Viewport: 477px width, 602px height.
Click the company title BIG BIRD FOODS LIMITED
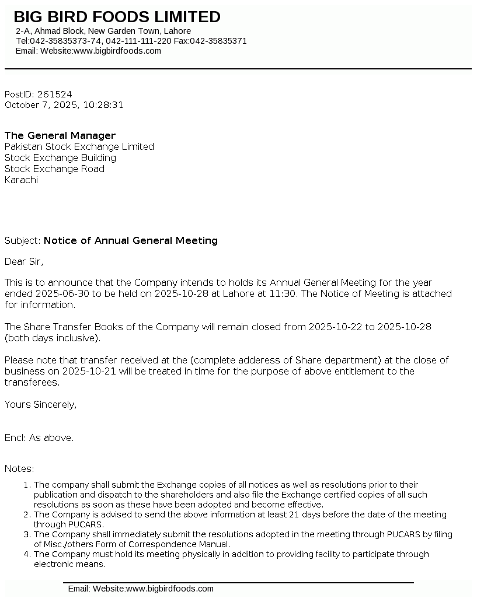[117, 17]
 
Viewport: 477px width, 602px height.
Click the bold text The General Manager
[60, 136]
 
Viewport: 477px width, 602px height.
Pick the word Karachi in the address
[21, 180]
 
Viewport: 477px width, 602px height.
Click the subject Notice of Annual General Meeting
[131, 240]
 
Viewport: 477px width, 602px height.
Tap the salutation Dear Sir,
[24, 261]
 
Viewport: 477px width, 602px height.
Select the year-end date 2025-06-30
[63, 294]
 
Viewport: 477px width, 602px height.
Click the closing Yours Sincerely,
[40, 404]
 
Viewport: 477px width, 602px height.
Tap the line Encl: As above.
[39, 438]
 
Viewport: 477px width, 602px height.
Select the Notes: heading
[19, 469]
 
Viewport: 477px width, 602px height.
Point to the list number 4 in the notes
[26, 554]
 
